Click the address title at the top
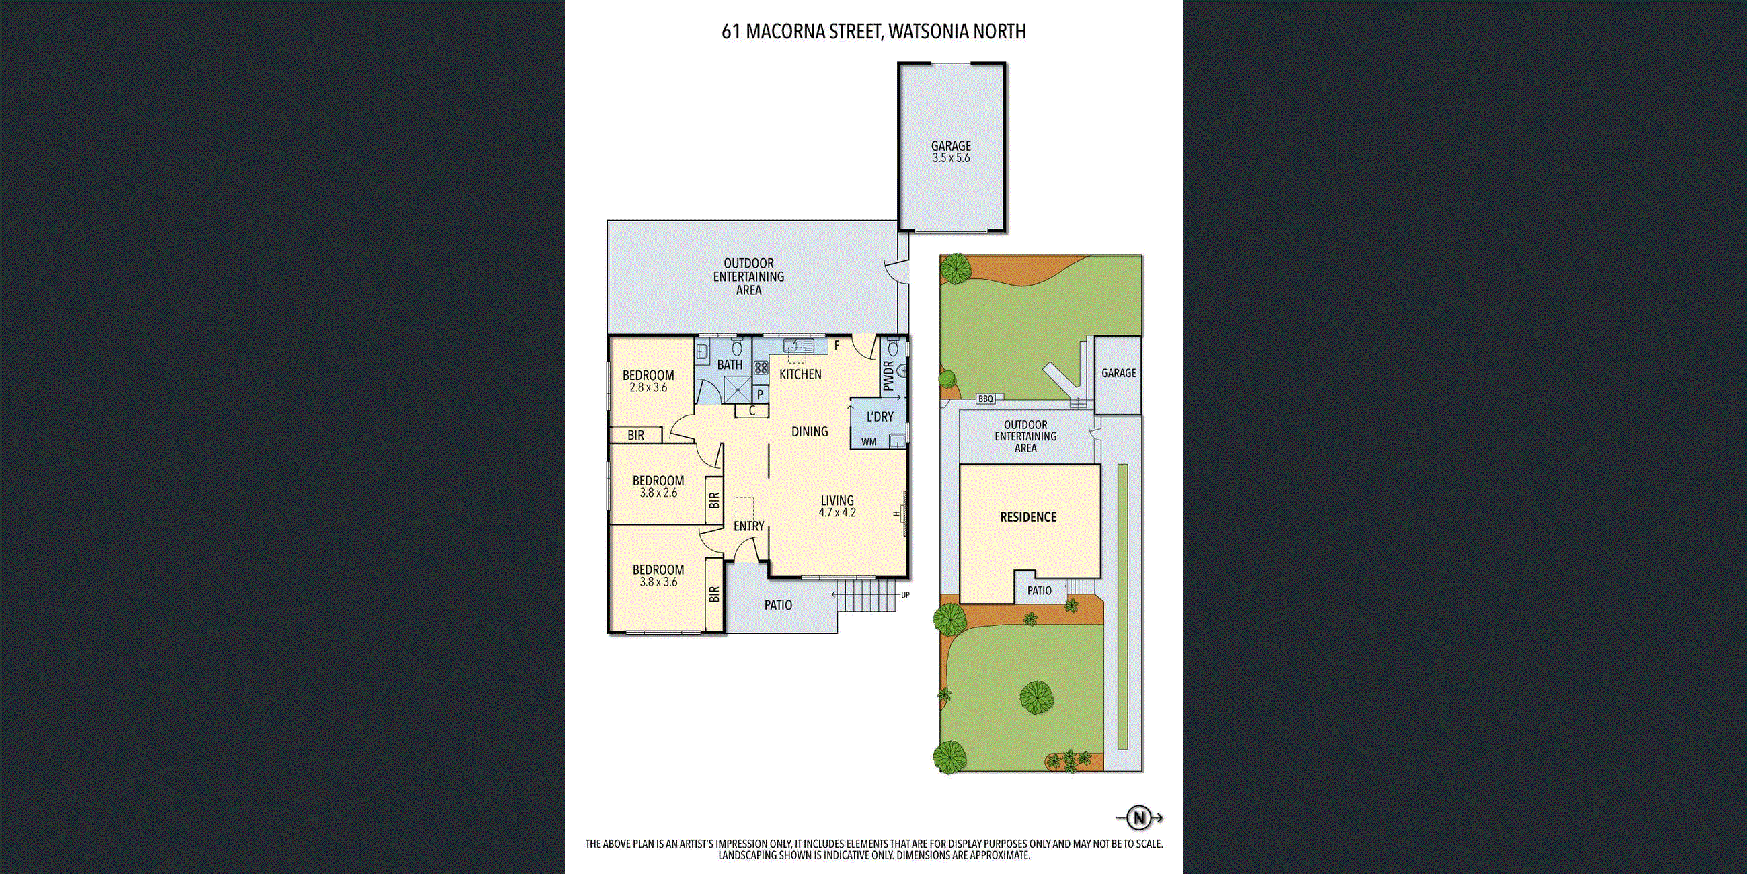coord(874,32)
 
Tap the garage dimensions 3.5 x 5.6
coord(951,157)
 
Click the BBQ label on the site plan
coord(985,399)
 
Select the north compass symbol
coord(1139,818)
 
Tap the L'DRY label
coord(880,416)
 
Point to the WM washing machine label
coord(869,442)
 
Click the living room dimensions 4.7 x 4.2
coord(837,512)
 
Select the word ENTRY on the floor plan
coord(748,526)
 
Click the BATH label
coord(730,365)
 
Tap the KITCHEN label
coord(800,374)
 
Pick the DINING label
coord(810,431)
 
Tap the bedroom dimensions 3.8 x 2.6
coord(658,493)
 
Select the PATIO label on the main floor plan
coord(778,605)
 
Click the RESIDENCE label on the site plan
coord(1028,518)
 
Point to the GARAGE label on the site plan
coord(1118,373)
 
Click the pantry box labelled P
coord(761,394)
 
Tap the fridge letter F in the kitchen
coord(837,346)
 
